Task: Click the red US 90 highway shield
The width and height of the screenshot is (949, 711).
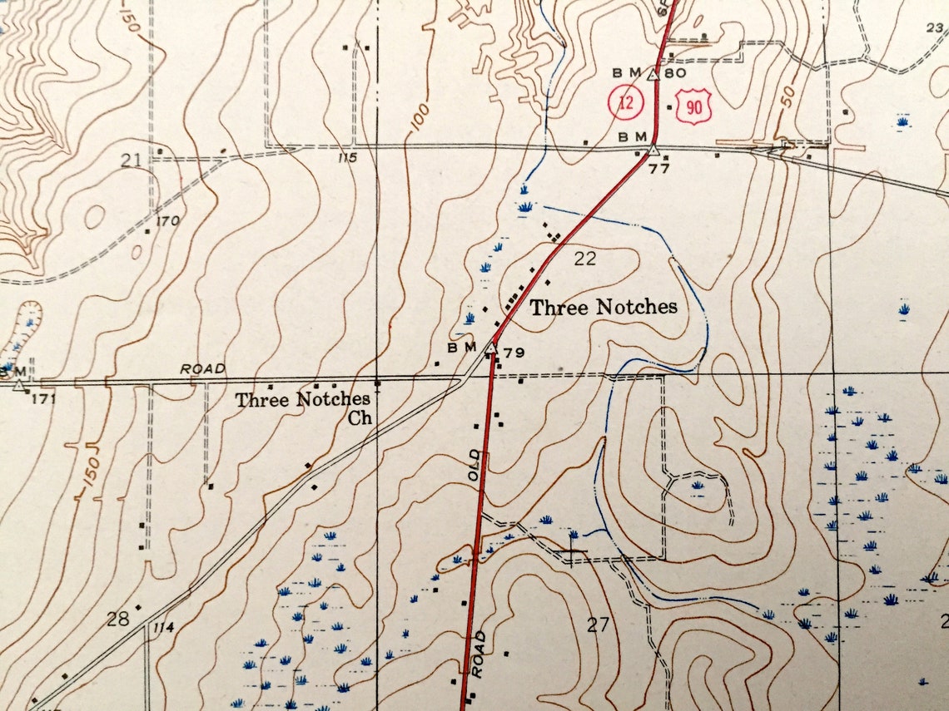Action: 693,107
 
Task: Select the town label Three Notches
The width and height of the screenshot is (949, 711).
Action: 604,308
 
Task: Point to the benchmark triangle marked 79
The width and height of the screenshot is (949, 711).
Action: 492,348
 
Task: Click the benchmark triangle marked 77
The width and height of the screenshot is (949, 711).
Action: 653,151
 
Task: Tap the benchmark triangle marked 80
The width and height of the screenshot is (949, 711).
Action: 653,74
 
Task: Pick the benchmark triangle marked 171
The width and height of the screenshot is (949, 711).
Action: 19,385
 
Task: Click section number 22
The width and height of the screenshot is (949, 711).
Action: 585,259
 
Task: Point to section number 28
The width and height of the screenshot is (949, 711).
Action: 117,618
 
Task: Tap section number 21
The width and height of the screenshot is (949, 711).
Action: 130,159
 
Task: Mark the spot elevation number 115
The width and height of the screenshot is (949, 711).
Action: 347,158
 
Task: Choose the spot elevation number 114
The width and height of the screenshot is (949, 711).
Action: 163,628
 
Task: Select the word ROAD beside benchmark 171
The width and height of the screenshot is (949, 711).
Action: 202,368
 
